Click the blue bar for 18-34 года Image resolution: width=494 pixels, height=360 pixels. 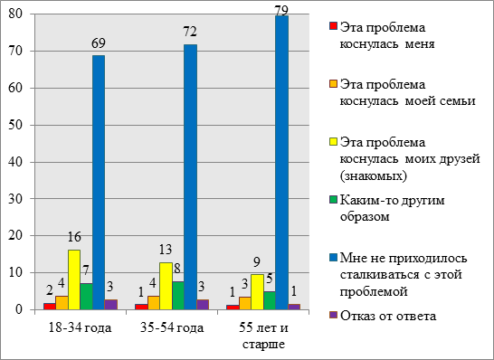click(x=99, y=183)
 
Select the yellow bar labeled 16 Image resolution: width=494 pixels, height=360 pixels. click(x=74, y=279)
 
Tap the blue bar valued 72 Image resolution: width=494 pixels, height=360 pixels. click(x=190, y=177)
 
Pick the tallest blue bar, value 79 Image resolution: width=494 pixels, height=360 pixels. click(x=281, y=163)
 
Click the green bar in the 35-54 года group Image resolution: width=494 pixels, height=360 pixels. click(x=178, y=296)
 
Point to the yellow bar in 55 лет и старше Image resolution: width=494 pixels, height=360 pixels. click(x=257, y=292)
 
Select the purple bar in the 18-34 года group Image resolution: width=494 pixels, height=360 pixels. click(x=111, y=305)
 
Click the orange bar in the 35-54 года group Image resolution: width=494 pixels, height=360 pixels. click(x=154, y=303)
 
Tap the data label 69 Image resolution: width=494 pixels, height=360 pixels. click(x=99, y=43)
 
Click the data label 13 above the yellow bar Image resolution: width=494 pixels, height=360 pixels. click(x=166, y=250)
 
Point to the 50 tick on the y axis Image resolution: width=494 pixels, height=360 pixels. click(x=15, y=125)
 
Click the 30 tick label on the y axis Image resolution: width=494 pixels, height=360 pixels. click(x=15, y=199)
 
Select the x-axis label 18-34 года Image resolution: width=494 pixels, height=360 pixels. click(x=80, y=328)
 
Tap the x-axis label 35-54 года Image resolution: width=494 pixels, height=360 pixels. click(x=172, y=328)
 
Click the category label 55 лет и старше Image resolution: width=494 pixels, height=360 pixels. click(x=263, y=336)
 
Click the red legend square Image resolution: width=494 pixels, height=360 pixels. click(x=333, y=26)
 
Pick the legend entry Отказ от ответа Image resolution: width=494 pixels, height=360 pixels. click(x=388, y=316)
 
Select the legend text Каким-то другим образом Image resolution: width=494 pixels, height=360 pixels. click(x=393, y=209)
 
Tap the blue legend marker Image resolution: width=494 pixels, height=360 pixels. click(x=333, y=258)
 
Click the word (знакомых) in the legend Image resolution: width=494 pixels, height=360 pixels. click(x=374, y=175)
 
